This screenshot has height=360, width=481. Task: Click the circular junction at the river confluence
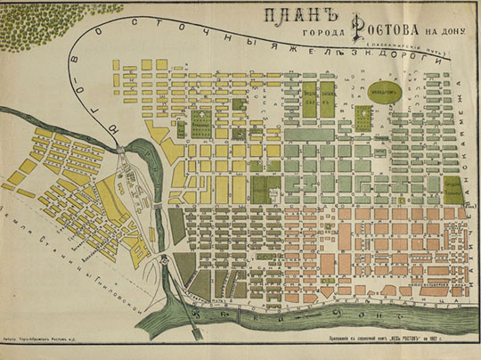click(x=165, y=260)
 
